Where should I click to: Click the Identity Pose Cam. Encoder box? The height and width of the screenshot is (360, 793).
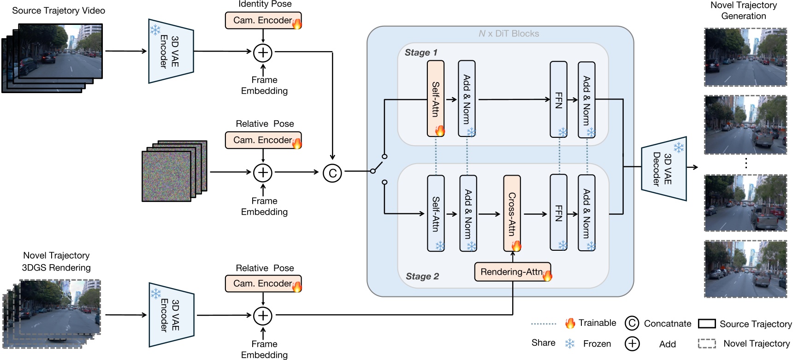click(x=263, y=20)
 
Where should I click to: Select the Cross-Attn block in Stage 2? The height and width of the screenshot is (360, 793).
click(x=512, y=213)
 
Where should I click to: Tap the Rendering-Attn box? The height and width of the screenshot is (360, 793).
click(x=512, y=272)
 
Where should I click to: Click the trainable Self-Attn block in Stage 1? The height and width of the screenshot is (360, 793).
click(x=436, y=99)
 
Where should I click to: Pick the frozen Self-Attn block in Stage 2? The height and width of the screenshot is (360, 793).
click(x=436, y=213)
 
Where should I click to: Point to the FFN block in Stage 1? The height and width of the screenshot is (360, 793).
click(x=558, y=99)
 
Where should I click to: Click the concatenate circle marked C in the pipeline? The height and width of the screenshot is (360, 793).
click(x=332, y=173)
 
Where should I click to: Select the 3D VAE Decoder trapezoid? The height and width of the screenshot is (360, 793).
click(x=664, y=169)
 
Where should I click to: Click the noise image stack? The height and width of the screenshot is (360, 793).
click(x=174, y=171)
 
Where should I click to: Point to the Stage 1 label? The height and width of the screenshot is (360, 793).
click(x=420, y=53)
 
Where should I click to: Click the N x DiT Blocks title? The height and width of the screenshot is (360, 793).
click(x=509, y=34)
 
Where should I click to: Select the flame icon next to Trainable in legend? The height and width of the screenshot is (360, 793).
click(x=570, y=323)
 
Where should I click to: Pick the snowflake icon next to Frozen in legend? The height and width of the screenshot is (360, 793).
click(x=570, y=343)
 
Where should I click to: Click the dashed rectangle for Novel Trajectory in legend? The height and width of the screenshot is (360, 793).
click(x=707, y=343)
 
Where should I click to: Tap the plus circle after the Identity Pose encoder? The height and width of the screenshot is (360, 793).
click(x=263, y=53)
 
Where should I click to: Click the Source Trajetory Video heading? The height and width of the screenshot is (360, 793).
click(x=59, y=11)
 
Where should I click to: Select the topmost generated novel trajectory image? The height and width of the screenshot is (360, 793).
click(x=745, y=57)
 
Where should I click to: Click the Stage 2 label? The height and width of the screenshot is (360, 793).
click(x=422, y=277)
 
